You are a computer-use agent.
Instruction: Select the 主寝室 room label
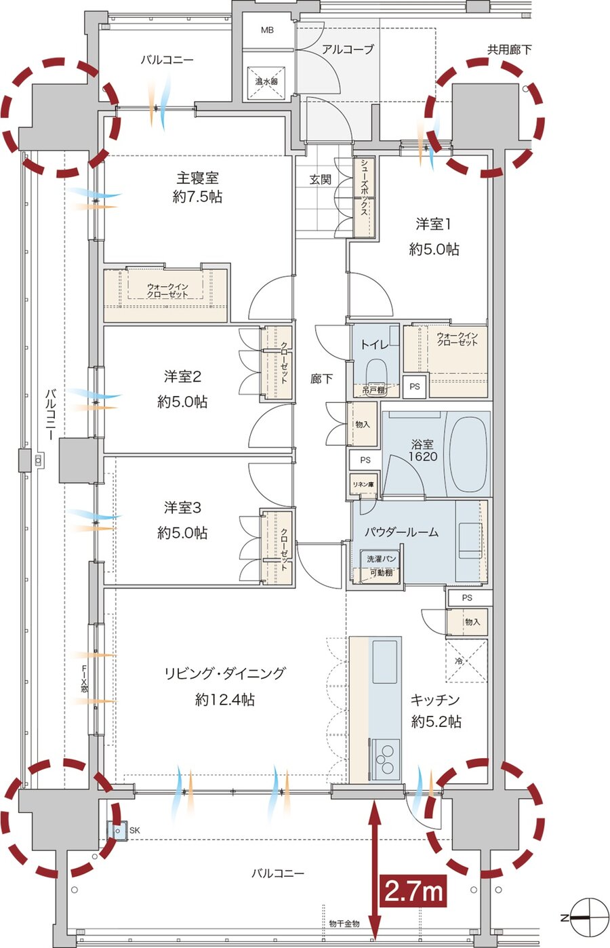pos(197,178)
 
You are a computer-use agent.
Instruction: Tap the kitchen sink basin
pos(384,665)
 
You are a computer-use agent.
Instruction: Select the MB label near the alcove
pos(267,30)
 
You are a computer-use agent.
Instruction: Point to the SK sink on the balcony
pos(117,831)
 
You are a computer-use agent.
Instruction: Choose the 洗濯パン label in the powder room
pos(381,559)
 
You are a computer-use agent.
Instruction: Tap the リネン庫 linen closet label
pos(363,484)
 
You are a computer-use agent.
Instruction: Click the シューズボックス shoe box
pos(363,197)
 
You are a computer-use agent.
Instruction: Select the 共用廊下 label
pos(509,50)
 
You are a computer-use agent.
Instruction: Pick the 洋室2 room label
pos(182,376)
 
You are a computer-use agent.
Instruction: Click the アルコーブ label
pos(348,50)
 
